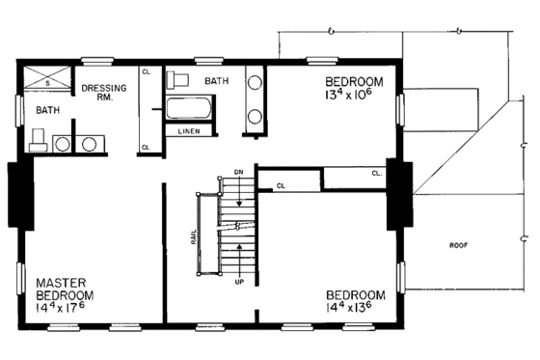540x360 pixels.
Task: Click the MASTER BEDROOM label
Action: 66,287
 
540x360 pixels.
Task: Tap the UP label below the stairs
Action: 238,282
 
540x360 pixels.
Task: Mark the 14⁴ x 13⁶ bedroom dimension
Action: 355,308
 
